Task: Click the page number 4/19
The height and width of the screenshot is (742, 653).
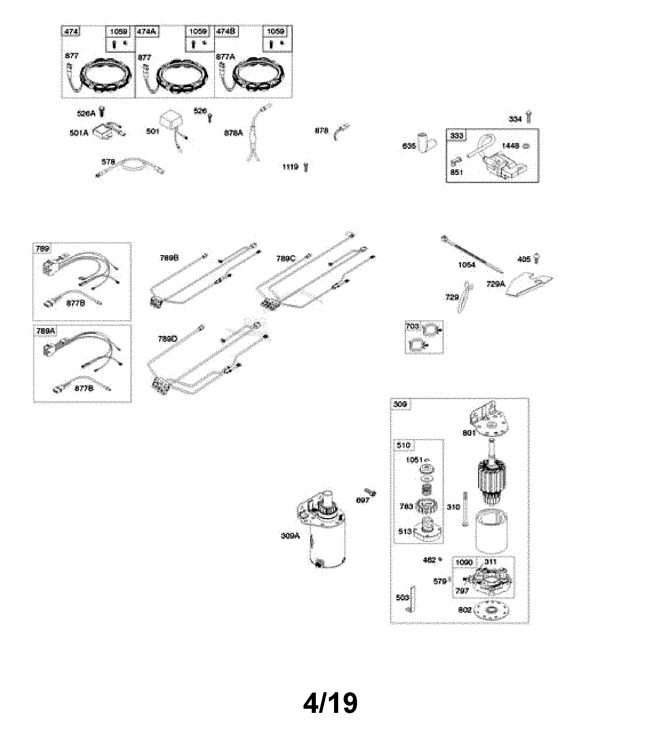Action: coord(330,703)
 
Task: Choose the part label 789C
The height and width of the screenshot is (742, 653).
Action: coord(286,259)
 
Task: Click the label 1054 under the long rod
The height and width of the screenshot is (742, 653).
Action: coord(466,265)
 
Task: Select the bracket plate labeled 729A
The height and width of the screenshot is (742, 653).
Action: coord(529,284)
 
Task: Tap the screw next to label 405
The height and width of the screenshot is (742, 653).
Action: coord(537,259)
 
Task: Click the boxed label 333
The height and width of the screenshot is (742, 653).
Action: coord(456,136)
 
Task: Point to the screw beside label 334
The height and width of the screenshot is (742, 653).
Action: coord(529,117)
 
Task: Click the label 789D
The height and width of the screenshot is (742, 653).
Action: coord(167,339)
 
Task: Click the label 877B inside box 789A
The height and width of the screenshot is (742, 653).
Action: coord(84,388)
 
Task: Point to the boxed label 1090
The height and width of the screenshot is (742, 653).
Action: coord(464,563)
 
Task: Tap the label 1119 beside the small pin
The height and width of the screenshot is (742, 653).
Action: coord(290,167)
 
